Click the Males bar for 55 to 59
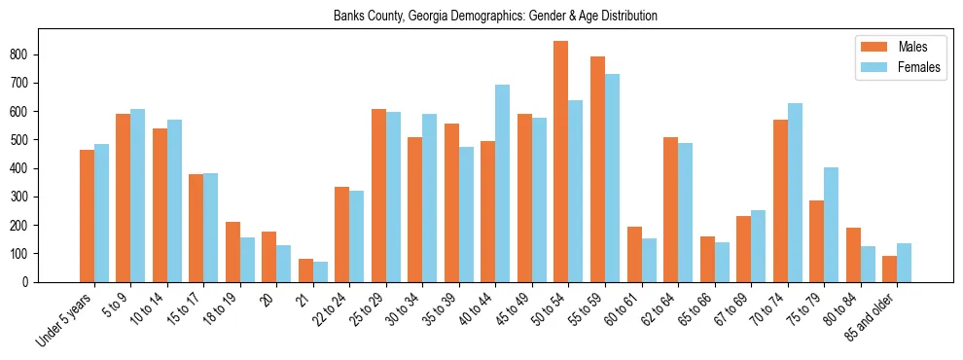pyautogui.click(x=597, y=169)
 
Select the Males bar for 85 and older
pyautogui.click(x=889, y=269)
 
